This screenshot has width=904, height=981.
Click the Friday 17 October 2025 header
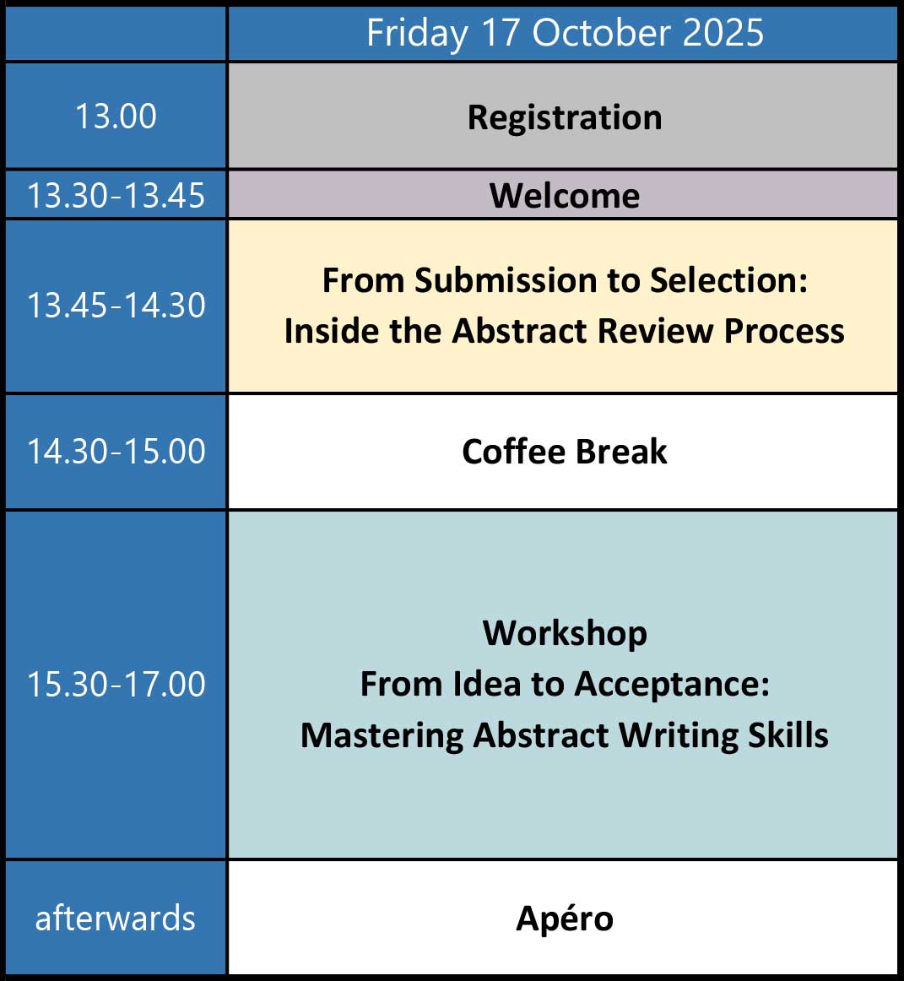pos(565,33)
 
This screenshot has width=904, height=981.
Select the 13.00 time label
pos(116,117)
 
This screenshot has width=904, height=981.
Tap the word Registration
pos(565,118)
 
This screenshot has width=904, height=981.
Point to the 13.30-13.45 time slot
pos(116,195)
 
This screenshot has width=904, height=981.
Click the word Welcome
pos(565,196)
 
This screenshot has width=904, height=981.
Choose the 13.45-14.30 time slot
pos(116,306)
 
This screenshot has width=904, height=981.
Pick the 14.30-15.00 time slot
pos(116,451)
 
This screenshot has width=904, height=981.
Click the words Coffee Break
pos(565,452)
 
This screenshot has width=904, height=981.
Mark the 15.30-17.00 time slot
pos(116,684)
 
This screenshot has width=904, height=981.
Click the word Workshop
pos(565,634)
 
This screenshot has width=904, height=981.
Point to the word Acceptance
pos(672,685)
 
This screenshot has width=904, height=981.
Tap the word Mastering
pos(382,736)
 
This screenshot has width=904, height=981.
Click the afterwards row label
pos(116,919)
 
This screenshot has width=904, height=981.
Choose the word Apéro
pos(565,919)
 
